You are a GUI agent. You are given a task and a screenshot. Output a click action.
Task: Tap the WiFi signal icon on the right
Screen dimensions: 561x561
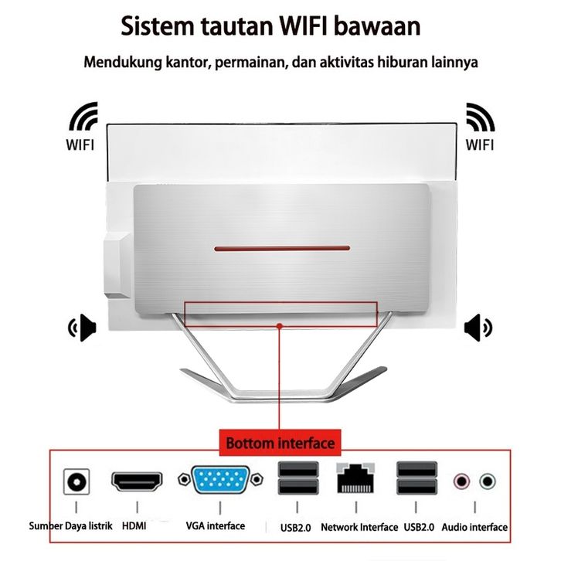(x=480, y=117)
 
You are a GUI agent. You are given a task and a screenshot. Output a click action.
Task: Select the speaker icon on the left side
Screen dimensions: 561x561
(x=83, y=328)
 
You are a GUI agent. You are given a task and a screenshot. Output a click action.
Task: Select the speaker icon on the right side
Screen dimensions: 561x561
(x=478, y=328)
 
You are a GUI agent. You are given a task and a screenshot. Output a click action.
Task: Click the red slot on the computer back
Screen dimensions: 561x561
(x=282, y=248)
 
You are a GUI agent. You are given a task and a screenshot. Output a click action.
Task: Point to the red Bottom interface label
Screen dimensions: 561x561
(x=280, y=443)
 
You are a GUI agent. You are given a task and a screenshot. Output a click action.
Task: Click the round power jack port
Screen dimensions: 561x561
(x=76, y=481)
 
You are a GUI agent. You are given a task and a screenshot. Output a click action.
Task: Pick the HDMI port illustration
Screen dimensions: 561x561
(x=137, y=481)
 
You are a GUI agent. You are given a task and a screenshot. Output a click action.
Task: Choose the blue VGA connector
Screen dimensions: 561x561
(x=220, y=480)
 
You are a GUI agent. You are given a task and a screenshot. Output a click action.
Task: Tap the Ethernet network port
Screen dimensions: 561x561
(x=355, y=478)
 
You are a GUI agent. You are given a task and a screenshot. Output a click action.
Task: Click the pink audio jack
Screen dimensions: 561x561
(x=461, y=481)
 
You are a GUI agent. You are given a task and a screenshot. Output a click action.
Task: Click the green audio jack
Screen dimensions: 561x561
(x=488, y=481)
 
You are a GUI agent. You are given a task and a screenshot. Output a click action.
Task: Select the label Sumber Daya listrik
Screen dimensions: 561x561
(x=70, y=526)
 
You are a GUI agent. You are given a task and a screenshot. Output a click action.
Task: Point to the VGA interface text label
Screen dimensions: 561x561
(x=216, y=526)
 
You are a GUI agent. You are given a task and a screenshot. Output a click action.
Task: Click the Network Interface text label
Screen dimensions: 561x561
(x=359, y=527)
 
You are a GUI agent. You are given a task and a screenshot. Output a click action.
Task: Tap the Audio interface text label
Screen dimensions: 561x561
(x=474, y=527)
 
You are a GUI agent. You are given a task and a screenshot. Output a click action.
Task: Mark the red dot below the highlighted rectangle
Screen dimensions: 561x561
(x=280, y=326)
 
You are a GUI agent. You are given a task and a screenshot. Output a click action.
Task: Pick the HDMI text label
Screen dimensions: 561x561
(x=134, y=526)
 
